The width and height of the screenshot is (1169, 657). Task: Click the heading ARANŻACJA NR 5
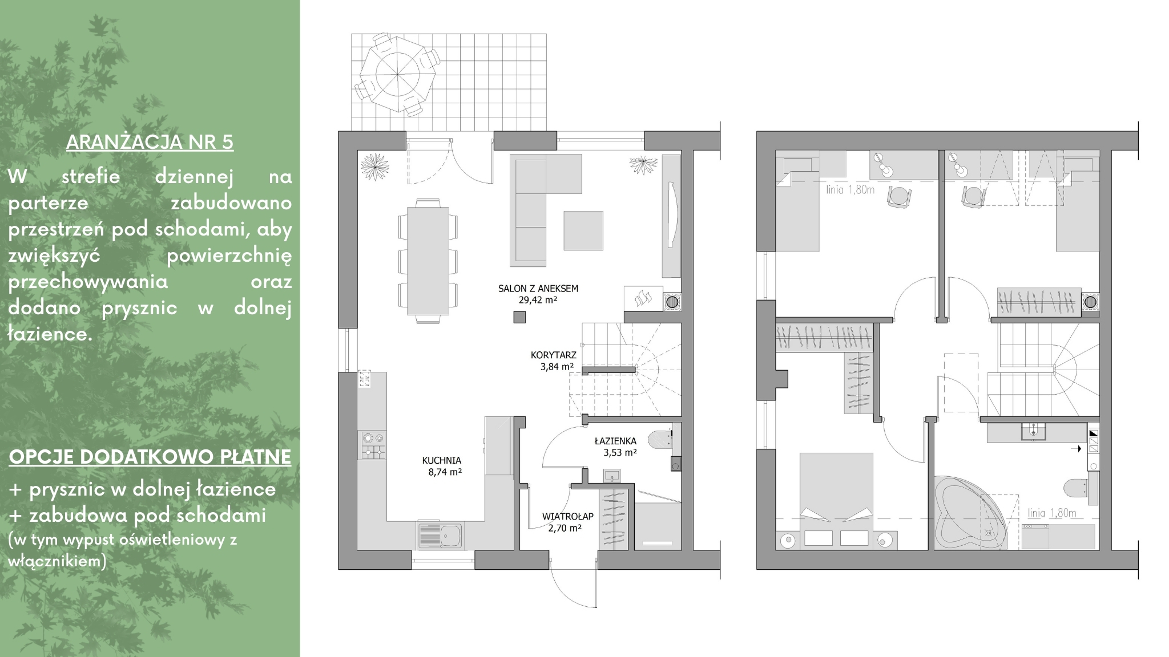coord(150,142)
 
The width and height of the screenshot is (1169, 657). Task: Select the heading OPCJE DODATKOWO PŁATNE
coord(150,457)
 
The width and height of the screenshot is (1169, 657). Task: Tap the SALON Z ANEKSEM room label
coord(538,289)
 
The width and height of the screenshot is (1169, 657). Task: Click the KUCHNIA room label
coord(441,461)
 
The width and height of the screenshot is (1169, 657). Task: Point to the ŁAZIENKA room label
coord(615,441)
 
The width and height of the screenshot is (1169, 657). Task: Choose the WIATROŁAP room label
coord(568,516)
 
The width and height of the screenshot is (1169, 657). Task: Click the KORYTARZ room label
coord(554,355)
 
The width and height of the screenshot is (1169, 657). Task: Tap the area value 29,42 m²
coord(538,300)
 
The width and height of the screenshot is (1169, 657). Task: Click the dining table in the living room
coord(428,261)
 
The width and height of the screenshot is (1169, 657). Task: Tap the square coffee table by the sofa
coord(583,230)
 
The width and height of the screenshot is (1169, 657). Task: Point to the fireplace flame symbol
coord(643,298)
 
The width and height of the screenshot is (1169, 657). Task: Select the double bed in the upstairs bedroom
coord(836,501)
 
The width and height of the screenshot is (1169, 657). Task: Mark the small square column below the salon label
coord(519,317)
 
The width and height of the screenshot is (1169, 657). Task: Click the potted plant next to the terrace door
coord(375,166)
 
